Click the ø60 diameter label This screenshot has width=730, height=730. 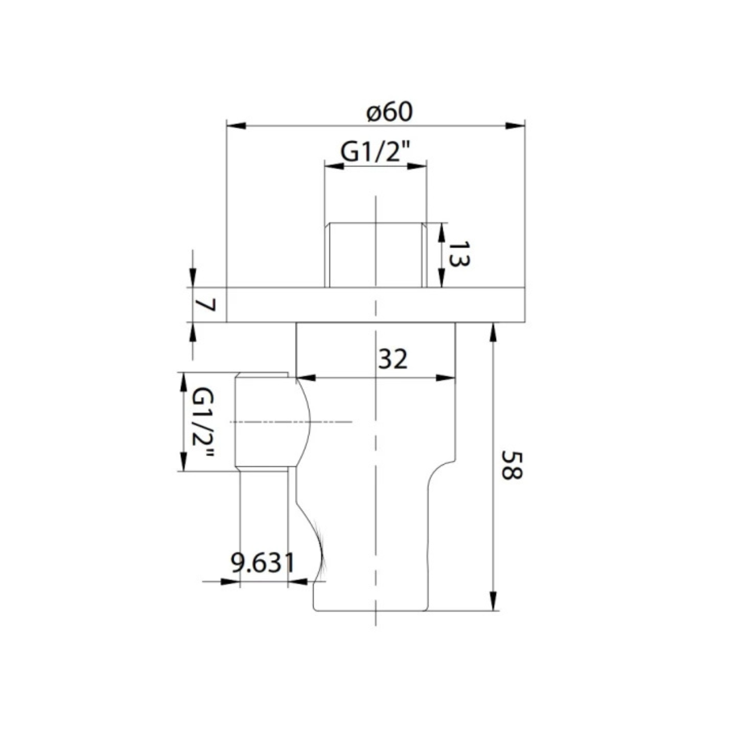pyautogui.click(x=390, y=113)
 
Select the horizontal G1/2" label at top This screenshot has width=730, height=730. pyautogui.click(x=376, y=152)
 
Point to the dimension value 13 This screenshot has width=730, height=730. pyautogui.click(x=459, y=255)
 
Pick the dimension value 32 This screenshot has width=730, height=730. pyautogui.click(x=393, y=360)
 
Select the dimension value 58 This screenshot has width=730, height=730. pyautogui.click(x=512, y=465)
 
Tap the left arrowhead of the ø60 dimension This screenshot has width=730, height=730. pyautogui.click(x=236, y=126)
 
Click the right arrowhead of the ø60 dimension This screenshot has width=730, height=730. pyautogui.click(x=515, y=126)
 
